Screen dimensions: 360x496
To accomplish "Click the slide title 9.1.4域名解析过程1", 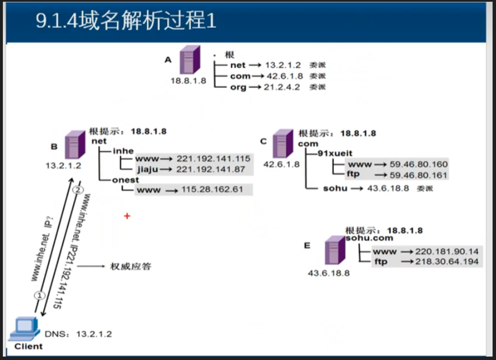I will click(126, 21).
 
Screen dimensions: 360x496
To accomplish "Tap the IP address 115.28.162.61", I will click(213, 189).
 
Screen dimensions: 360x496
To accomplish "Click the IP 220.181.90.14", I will click(447, 251).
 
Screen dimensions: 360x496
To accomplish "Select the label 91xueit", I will click(337, 153).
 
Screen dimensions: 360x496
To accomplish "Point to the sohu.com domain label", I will click(369, 239).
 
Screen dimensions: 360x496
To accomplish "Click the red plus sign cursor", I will click(127, 215).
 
